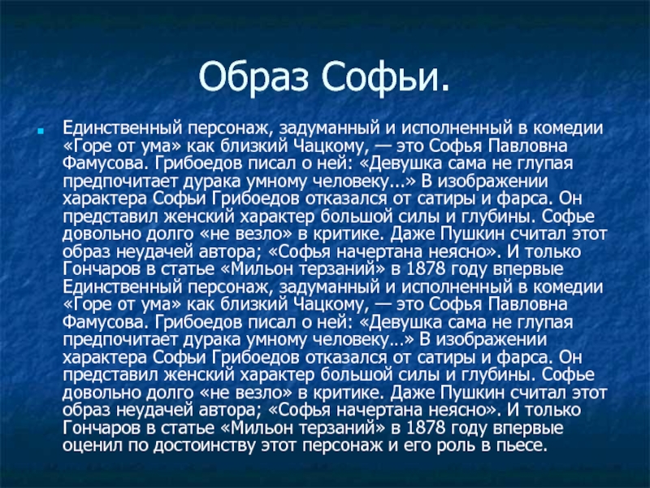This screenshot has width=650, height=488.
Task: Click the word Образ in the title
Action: click(253, 77)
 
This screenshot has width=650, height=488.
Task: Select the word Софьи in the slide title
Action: click(380, 77)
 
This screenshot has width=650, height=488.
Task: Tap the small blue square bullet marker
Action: click(40, 132)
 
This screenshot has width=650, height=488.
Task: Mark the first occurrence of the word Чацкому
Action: click(331, 146)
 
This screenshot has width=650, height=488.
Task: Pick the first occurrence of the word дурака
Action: click(211, 181)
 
